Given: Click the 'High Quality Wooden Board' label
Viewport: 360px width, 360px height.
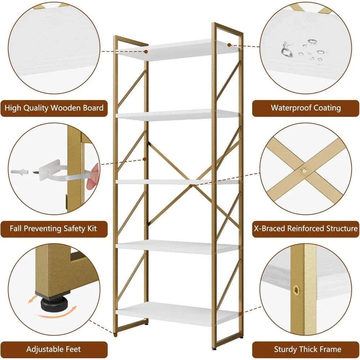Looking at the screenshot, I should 54,108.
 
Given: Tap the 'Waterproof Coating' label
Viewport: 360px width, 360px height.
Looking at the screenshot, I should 306,108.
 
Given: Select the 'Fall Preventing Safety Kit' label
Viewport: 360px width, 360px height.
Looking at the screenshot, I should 54,229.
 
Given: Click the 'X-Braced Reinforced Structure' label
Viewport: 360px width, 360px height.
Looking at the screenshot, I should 306,229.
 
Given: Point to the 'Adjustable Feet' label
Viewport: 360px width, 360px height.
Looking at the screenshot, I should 54,349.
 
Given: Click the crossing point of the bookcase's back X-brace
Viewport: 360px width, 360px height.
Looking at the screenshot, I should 191,186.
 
